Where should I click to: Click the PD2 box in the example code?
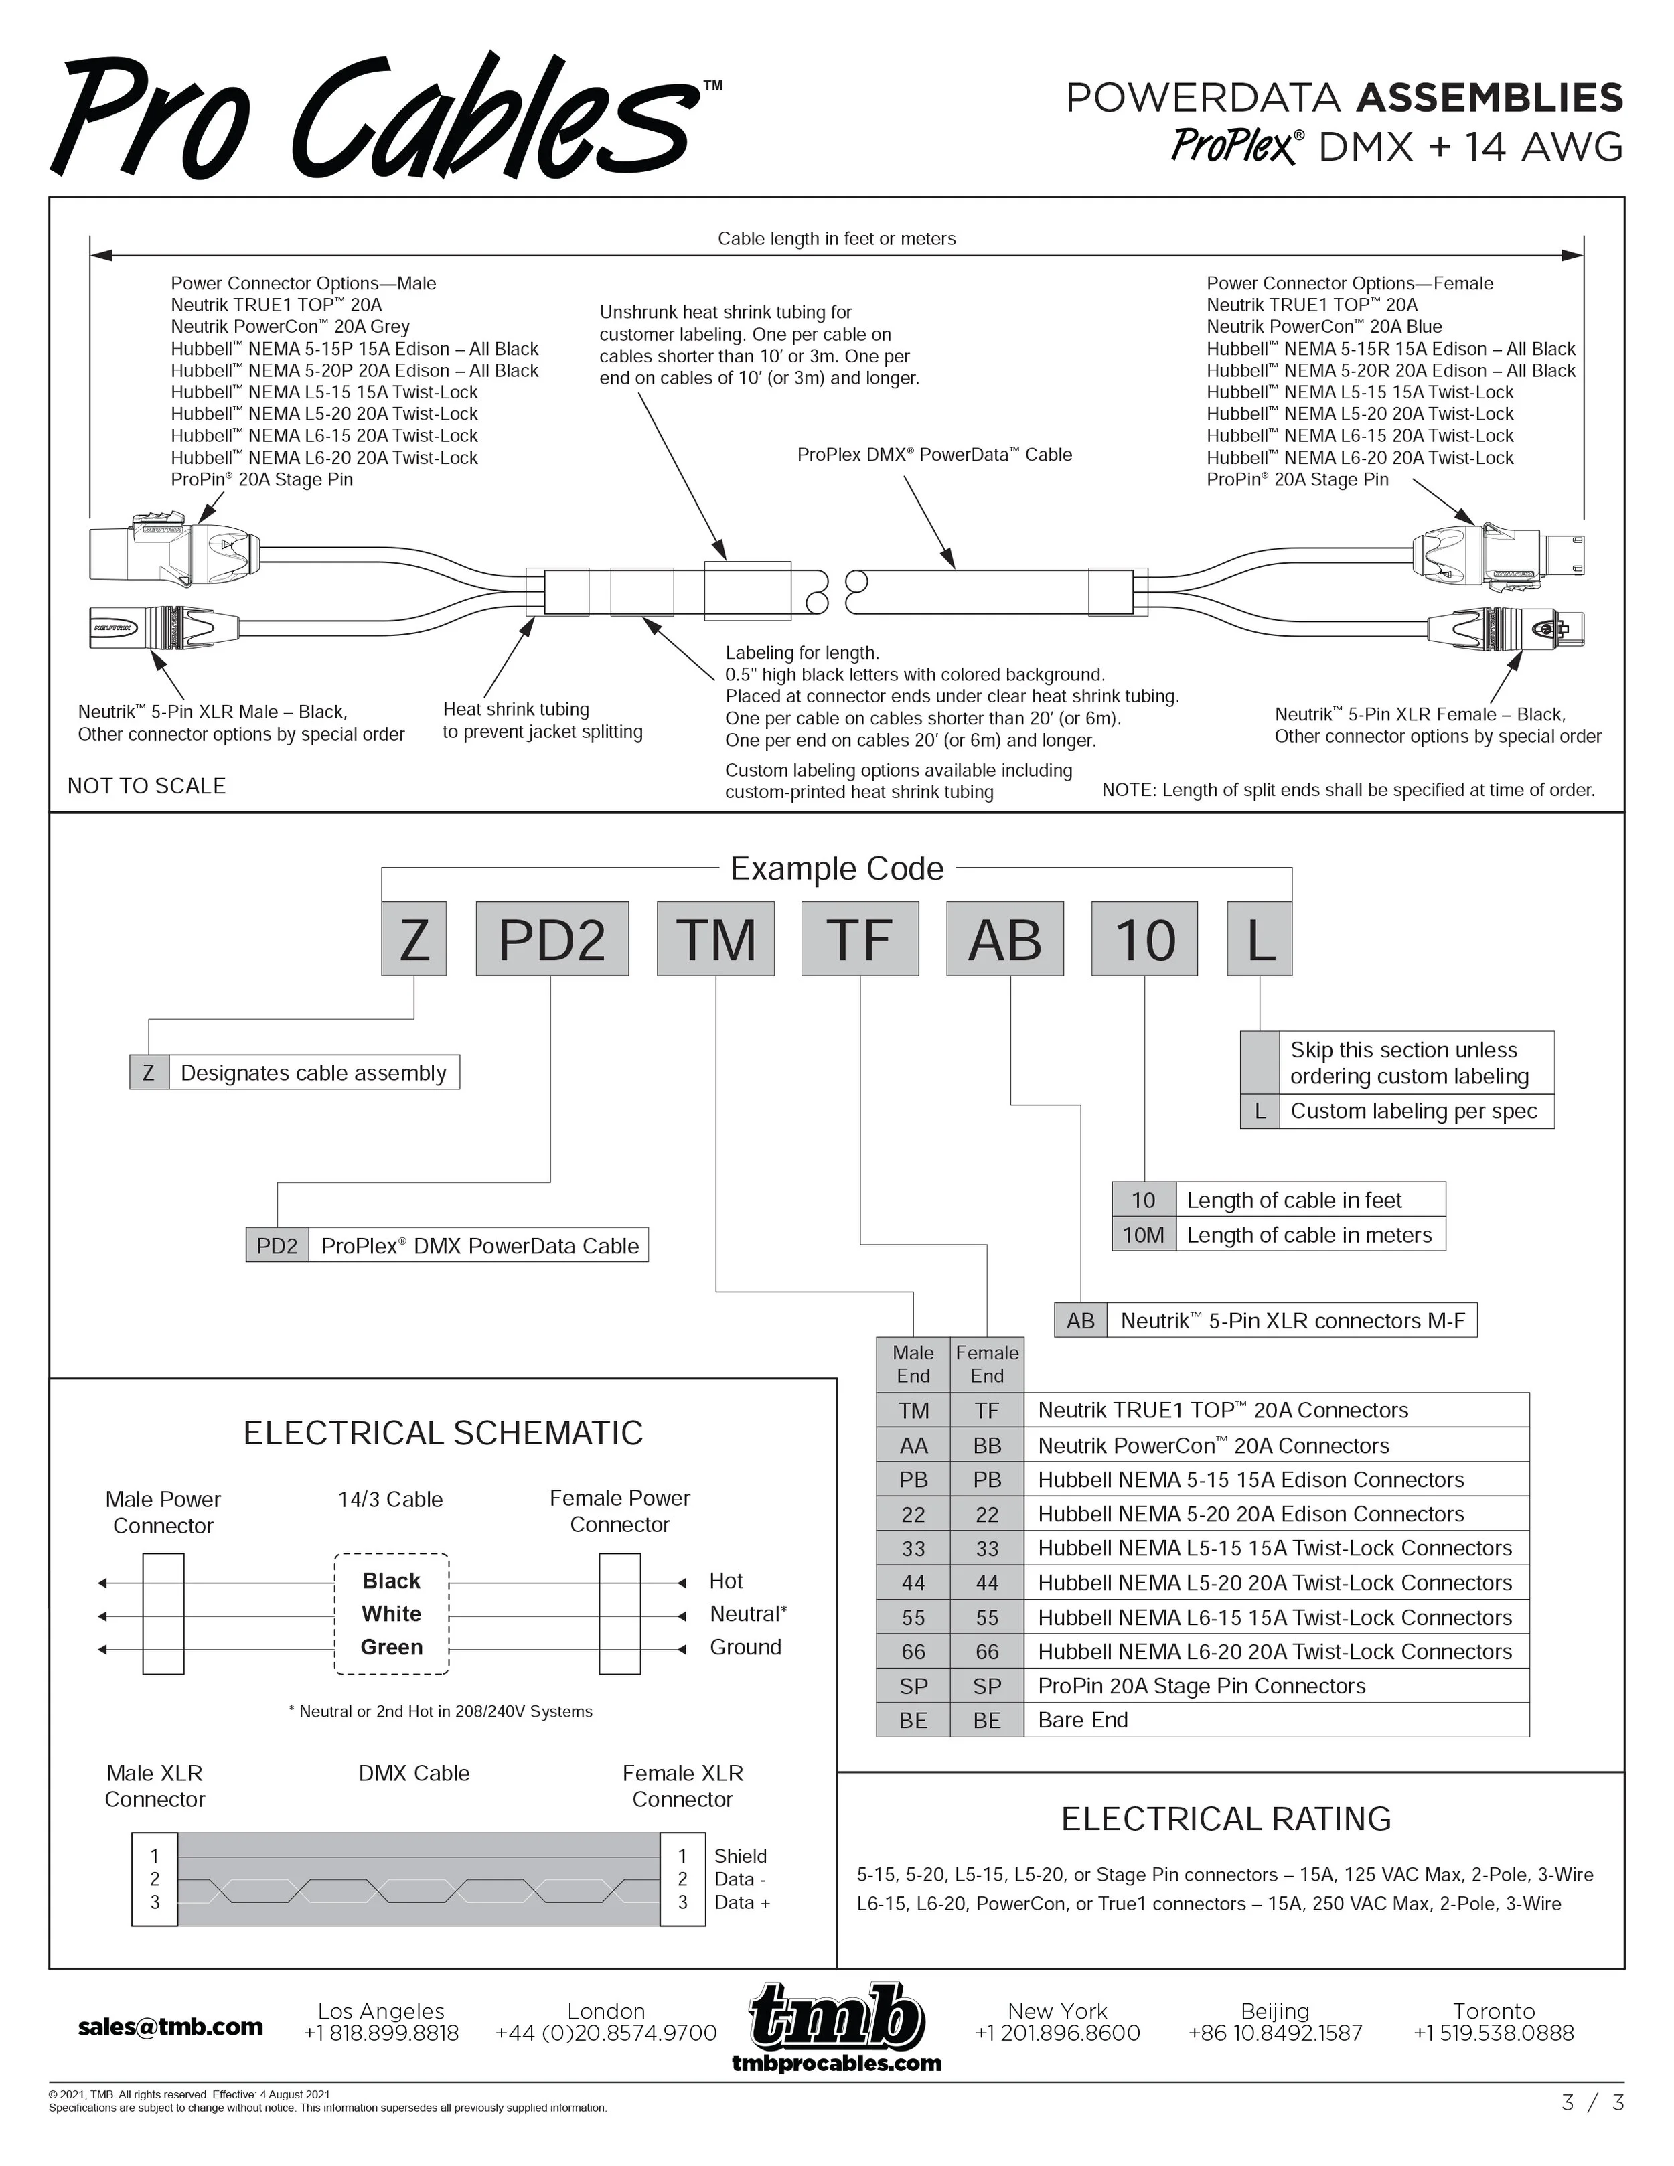[x=551, y=938]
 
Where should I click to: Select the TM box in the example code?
[x=715, y=938]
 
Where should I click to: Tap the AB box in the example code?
[x=1004, y=938]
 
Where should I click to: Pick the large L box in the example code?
[x=1260, y=938]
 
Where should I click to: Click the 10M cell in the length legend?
[x=1144, y=1235]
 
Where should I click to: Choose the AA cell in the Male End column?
[x=913, y=1445]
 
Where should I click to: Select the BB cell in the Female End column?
[x=987, y=1445]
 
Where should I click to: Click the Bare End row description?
[x=1083, y=1719]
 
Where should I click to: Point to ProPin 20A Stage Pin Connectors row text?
[x=1201, y=1686]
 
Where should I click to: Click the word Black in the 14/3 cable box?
[x=392, y=1581]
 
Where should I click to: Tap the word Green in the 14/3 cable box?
[x=392, y=1647]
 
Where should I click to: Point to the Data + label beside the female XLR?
[x=742, y=1902]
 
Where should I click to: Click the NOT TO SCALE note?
[x=147, y=785]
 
